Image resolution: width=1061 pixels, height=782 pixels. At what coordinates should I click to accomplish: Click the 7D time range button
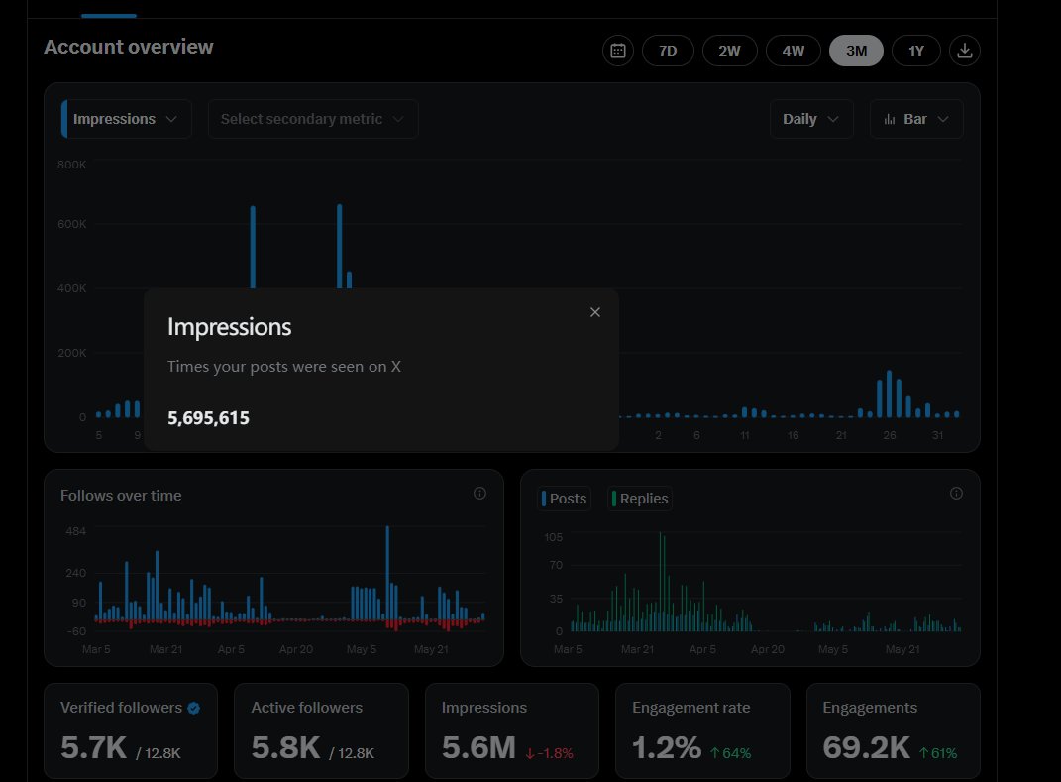pos(668,51)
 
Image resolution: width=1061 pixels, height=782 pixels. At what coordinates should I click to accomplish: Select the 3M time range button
pos(856,51)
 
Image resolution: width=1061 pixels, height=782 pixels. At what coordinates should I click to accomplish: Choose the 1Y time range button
pos(915,51)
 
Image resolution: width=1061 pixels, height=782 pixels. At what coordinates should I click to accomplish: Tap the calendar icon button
pos(618,51)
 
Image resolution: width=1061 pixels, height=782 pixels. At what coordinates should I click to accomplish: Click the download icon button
pos(964,51)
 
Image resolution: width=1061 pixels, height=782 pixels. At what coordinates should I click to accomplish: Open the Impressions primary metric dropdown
pos(127,119)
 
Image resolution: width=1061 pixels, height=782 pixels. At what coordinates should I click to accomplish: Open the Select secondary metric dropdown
pos(313,119)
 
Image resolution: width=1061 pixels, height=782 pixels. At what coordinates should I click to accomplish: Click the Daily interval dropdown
pos(811,119)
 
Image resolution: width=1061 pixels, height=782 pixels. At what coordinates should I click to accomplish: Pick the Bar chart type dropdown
pos(916,119)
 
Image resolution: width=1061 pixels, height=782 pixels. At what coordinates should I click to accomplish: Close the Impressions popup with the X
pos(594,312)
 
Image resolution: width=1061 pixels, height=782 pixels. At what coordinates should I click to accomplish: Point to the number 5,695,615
pos(208,417)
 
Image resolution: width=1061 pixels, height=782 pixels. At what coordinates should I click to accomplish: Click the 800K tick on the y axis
pos(71,165)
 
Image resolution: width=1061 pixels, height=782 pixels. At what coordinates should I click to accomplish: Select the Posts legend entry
pos(565,499)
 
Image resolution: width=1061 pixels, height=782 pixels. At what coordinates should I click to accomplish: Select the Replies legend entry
pos(639,499)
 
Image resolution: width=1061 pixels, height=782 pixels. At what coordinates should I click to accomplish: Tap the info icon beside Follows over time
pos(479,493)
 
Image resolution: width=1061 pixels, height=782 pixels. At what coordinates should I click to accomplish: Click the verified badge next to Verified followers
pos(193,708)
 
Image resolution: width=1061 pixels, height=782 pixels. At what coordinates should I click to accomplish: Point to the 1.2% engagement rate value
pos(667,748)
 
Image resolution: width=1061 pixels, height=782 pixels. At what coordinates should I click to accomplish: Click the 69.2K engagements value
pos(866,748)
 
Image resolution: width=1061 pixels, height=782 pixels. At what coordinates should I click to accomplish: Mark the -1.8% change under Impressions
pos(550,753)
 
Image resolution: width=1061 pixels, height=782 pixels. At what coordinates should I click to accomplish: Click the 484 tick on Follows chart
pos(75,531)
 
